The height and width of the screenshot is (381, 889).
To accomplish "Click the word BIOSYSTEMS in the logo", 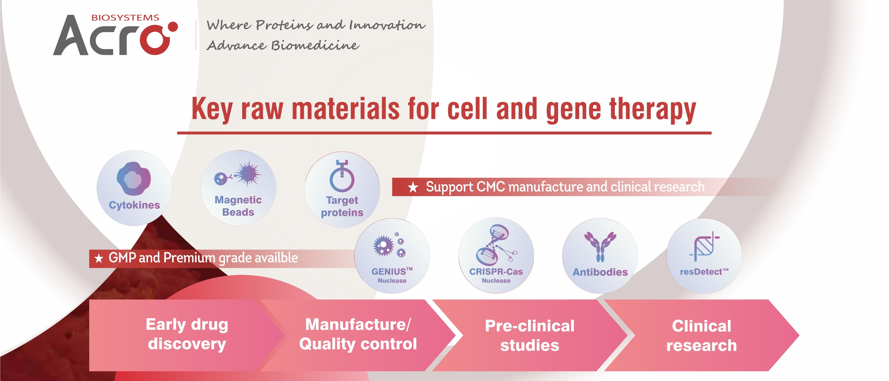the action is coord(125,18).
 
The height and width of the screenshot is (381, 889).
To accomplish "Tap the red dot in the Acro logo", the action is coord(173,27).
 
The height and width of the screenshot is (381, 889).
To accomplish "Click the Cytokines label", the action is coord(134,205).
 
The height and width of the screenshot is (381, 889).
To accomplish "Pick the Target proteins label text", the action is coord(342,206).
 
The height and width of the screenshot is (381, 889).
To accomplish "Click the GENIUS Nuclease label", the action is coord(392,275).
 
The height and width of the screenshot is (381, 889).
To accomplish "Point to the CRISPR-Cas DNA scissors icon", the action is coord(496,245).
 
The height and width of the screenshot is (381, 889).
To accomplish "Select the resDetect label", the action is coord(704,272).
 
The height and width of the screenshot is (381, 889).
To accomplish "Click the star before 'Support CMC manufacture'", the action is coord(413,187).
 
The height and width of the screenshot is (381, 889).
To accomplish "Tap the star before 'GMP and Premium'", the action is coord(99,259).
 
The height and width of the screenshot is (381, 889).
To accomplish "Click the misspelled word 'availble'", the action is coord(276,258).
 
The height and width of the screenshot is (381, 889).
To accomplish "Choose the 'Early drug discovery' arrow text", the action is coord(187,334).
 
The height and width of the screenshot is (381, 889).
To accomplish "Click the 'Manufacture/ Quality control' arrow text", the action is coord(358,334).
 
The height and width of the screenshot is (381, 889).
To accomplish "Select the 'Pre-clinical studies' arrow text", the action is coord(529,335).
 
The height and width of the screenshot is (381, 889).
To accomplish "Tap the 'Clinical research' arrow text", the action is coord(701,335).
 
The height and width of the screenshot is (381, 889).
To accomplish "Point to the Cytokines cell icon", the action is coord(134,179).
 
